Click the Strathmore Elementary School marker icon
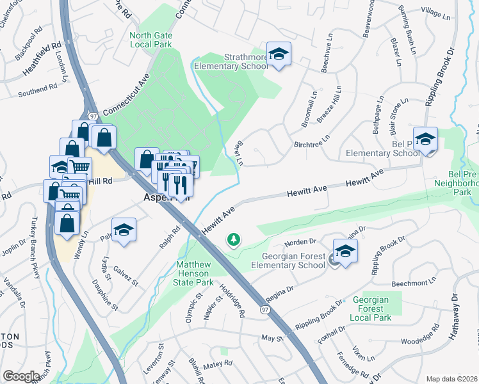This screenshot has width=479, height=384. pyautogui.click(x=279, y=54)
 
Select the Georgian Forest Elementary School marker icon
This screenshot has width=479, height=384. pyautogui.click(x=345, y=252)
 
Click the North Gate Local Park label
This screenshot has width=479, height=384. pyautogui.click(x=150, y=40)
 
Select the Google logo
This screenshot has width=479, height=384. pyautogui.click(x=22, y=376)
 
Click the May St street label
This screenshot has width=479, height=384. pyautogui.click(x=272, y=337)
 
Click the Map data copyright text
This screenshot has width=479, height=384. pyautogui.click(x=451, y=379)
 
